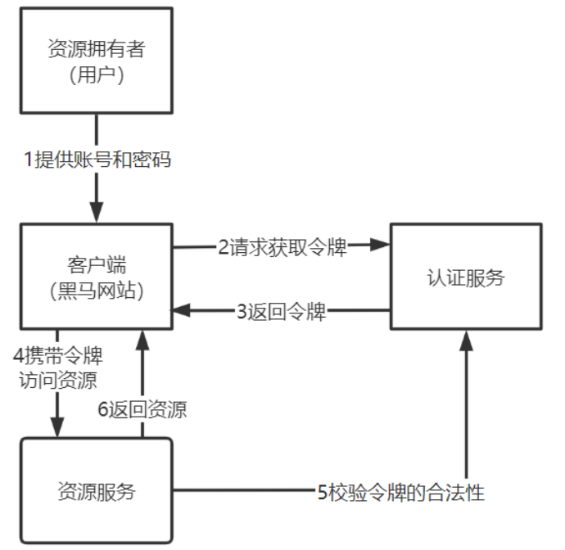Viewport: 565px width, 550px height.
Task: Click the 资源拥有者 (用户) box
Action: coord(97,61)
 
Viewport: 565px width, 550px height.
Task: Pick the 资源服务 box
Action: coord(97,491)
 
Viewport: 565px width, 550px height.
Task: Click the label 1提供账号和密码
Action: coord(97,160)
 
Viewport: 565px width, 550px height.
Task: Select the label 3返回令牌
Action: coord(282,311)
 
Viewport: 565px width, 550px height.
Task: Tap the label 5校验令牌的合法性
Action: coord(400,492)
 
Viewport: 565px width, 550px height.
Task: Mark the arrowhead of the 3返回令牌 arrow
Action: coord(181,310)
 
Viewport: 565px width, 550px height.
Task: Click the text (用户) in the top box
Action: coord(97,74)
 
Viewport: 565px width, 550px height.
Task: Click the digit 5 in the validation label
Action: coord(323,492)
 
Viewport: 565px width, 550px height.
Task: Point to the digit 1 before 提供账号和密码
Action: coord(28,160)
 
